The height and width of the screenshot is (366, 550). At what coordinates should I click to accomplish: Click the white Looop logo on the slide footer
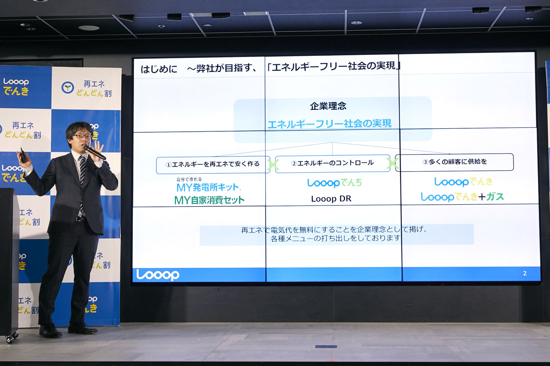[x=158, y=275]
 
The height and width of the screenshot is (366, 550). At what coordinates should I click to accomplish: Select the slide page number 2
[x=525, y=273]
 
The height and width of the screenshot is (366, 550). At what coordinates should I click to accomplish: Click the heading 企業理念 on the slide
[x=328, y=106]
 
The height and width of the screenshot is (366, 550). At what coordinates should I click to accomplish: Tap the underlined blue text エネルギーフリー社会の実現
[x=330, y=124]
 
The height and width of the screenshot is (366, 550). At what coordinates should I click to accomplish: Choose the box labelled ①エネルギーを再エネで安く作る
[x=213, y=164]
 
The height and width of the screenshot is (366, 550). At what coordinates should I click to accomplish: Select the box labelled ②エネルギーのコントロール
[x=333, y=163]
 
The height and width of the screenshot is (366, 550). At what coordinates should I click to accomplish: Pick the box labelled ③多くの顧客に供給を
[x=454, y=162]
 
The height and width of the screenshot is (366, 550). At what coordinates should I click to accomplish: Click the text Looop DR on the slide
[x=331, y=199]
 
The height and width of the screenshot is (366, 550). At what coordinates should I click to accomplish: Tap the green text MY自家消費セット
[x=209, y=200]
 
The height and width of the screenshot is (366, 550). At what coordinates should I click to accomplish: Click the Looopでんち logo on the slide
[x=334, y=183]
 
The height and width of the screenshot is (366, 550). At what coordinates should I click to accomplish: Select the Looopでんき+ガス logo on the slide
[x=462, y=197]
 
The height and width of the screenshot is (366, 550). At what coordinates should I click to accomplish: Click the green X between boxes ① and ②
[x=273, y=165]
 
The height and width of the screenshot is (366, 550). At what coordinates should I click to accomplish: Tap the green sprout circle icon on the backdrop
[x=67, y=88]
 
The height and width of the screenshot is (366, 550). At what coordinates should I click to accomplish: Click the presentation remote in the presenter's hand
[x=23, y=155]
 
